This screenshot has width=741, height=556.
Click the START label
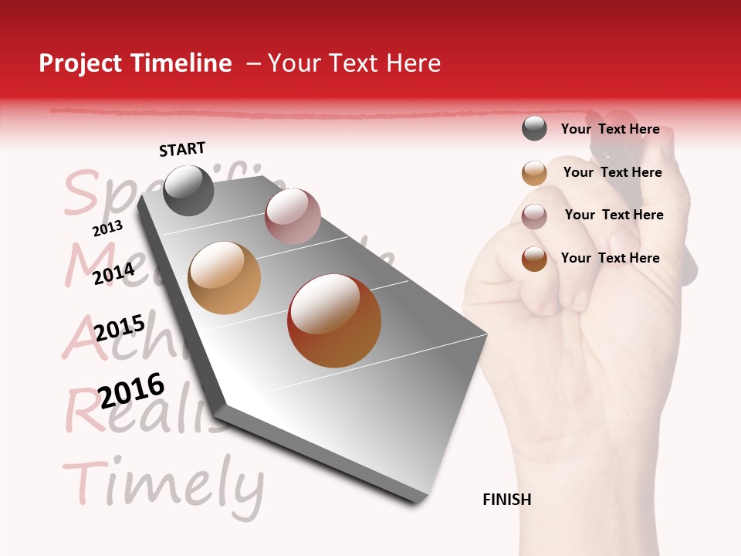[x=182, y=149]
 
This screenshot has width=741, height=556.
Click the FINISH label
[x=506, y=500]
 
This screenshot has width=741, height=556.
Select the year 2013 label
[x=107, y=229]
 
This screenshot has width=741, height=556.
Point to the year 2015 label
[x=120, y=328]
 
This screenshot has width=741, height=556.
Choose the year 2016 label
[x=131, y=390]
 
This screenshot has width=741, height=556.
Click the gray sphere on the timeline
[x=188, y=191]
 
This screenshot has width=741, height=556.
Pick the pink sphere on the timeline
[x=293, y=216]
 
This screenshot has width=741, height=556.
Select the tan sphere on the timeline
[x=224, y=278]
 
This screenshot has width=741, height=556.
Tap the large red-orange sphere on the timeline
[x=334, y=320]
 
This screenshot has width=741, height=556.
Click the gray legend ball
[x=534, y=129]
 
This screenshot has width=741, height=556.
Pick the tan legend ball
[x=534, y=173]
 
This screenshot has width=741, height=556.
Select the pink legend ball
[x=534, y=216]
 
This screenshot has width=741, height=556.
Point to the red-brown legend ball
[x=534, y=259]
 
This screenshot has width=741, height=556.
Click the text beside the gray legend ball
[x=610, y=129]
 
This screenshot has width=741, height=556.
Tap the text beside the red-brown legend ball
[x=610, y=258]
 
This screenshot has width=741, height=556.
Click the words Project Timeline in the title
[x=135, y=63]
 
